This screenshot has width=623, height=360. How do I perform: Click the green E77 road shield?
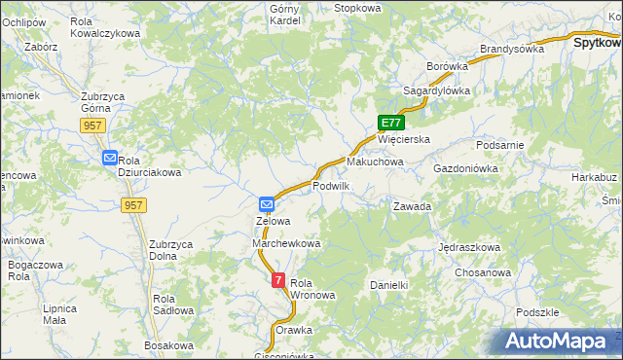click(x=390, y=123)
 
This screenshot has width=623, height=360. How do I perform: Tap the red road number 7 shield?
click(x=279, y=280)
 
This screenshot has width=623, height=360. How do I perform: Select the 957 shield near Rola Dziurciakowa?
click(x=134, y=205)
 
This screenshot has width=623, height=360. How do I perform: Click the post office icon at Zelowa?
click(x=267, y=204)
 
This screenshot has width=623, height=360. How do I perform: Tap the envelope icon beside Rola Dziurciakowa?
click(x=109, y=158)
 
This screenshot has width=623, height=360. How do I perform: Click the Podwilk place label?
click(x=331, y=186)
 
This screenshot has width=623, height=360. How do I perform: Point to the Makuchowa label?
click(x=375, y=162)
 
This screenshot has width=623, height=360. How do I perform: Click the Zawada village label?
click(x=412, y=207)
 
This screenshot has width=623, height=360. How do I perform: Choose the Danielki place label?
click(x=387, y=285)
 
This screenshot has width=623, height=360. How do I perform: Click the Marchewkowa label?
click(x=286, y=243)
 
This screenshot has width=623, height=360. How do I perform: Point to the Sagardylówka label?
click(x=437, y=90)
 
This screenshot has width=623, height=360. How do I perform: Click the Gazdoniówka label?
click(x=465, y=168)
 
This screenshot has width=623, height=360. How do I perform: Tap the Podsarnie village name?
click(x=501, y=145)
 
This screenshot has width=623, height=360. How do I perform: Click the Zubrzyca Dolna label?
click(x=169, y=250)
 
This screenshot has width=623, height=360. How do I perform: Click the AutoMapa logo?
click(x=561, y=342)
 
